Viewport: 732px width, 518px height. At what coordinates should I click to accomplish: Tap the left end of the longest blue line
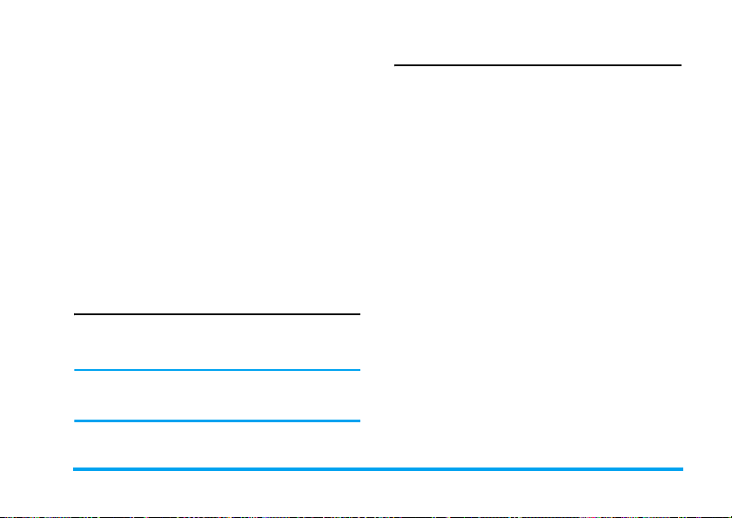(x=73, y=470)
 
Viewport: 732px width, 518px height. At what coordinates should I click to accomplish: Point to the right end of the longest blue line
(x=683, y=470)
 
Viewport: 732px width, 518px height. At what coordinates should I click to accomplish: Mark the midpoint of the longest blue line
(x=378, y=470)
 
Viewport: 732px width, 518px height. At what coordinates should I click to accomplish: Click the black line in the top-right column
(x=538, y=64)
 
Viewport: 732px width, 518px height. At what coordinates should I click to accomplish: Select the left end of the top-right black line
(x=395, y=64)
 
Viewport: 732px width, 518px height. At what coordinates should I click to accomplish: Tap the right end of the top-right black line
(x=682, y=64)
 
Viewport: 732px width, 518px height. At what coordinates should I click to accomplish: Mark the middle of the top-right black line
(x=538, y=64)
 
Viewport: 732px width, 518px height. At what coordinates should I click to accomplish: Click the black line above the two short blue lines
(x=216, y=314)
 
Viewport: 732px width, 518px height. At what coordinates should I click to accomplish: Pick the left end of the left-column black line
(x=73, y=314)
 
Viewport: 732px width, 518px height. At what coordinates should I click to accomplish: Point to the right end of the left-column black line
(x=359, y=314)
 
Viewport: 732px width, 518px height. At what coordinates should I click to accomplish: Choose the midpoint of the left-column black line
(x=216, y=314)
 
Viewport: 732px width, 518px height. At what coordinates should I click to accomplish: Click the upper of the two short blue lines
(x=216, y=370)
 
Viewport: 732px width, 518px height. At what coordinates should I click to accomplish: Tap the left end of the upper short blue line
(x=73, y=370)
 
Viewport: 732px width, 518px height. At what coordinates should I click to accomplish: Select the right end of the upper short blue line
(x=359, y=370)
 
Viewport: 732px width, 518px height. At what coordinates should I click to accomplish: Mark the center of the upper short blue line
(x=216, y=370)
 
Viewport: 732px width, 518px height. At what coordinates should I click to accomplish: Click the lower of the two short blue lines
(x=216, y=422)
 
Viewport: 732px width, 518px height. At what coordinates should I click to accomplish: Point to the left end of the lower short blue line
(x=73, y=422)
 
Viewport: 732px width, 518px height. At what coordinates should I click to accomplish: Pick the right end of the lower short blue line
(x=359, y=422)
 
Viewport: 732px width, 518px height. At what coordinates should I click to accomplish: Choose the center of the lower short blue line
(x=216, y=422)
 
